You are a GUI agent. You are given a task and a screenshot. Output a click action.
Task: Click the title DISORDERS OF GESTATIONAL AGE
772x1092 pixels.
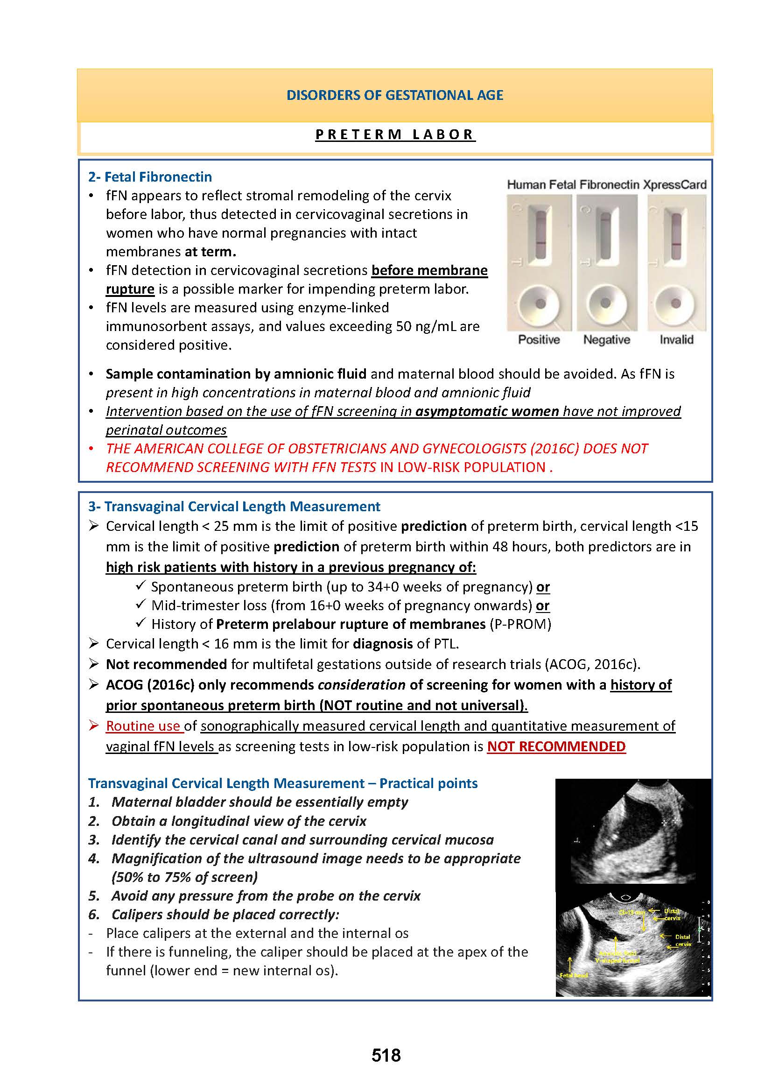pyautogui.click(x=394, y=95)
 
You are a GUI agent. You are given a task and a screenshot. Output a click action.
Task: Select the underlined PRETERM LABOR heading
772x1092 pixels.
pyautogui.click(x=394, y=134)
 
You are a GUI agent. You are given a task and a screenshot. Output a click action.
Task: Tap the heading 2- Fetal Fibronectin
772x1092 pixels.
pyautogui.click(x=150, y=177)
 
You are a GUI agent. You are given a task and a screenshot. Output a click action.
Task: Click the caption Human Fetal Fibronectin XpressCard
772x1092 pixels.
pyautogui.click(x=607, y=184)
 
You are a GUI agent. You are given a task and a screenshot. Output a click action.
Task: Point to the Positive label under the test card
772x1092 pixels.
pyautogui.click(x=539, y=339)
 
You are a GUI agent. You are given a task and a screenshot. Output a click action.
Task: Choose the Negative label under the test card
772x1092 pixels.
pyautogui.click(x=607, y=339)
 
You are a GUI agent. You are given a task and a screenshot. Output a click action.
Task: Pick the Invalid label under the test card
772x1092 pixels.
pyautogui.click(x=676, y=339)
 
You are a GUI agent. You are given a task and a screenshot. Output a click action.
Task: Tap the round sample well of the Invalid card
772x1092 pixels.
pyautogui.click(x=675, y=303)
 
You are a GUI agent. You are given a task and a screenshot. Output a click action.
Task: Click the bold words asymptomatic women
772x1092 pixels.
pyautogui.click(x=487, y=411)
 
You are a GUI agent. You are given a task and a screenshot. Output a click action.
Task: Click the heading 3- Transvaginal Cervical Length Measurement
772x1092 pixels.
pyautogui.click(x=234, y=507)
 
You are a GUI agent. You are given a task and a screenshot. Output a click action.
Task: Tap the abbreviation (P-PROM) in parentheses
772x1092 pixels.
pyautogui.click(x=520, y=624)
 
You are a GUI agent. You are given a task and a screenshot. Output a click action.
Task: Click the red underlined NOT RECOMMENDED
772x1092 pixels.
pyautogui.click(x=556, y=747)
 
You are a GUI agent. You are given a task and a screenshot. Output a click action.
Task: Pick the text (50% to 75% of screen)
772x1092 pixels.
pyautogui.click(x=184, y=877)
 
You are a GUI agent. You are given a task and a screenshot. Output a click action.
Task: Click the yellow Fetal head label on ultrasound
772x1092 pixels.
pyautogui.click(x=573, y=975)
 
